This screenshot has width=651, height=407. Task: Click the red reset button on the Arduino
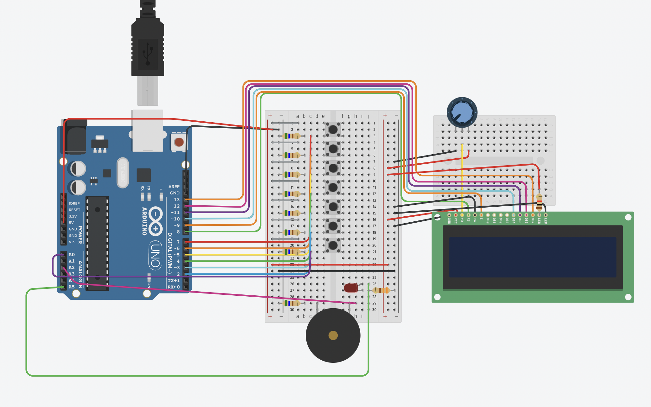point(179,142)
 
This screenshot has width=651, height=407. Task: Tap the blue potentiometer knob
point(462,112)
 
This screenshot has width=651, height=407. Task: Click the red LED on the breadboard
point(351,288)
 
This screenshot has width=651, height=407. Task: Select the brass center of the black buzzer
point(333,336)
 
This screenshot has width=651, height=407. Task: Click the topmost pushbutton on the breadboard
point(333,129)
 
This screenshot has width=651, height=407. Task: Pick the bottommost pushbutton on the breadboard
point(333,245)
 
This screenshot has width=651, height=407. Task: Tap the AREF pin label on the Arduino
point(174,187)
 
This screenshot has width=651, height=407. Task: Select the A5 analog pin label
point(72,287)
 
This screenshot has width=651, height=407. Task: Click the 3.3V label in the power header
point(73,216)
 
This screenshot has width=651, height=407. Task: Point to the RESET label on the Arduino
point(74,210)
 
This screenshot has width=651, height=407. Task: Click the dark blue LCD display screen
point(533,257)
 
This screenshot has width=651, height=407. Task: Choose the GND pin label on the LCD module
point(449,221)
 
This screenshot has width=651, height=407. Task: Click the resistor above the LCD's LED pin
point(539,202)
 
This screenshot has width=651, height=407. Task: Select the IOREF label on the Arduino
point(74,203)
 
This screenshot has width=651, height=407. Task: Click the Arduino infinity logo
point(155,221)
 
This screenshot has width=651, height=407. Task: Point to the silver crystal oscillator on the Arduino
point(122,173)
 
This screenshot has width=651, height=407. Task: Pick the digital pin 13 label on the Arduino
point(177,199)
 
